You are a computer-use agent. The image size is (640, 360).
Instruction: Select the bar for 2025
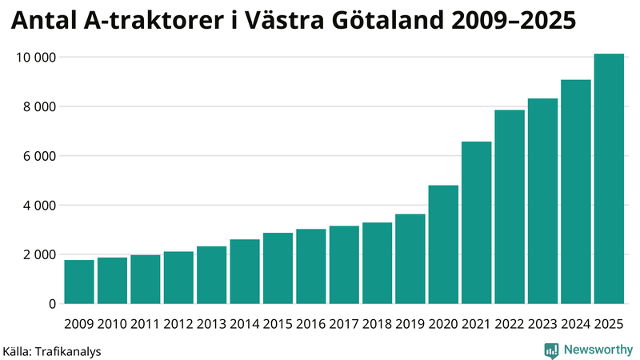click(x=609, y=179)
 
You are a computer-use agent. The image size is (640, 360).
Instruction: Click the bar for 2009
click(x=79, y=282)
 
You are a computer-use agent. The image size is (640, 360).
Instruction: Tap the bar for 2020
click(x=443, y=245)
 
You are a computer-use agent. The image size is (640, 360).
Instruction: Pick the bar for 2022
click(x=510, y=207)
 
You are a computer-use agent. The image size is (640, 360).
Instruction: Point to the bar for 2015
click(x=278, y=269)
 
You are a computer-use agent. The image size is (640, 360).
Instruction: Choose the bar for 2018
click(x=377, y=263)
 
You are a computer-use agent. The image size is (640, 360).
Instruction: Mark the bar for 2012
click(x=178, y=278)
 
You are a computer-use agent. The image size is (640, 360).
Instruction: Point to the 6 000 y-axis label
click(x=37, y=156)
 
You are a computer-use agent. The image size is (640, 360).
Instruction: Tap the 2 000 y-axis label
click(x=37, y=254)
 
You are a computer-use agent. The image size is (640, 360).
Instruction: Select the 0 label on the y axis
click(x=51, y=304)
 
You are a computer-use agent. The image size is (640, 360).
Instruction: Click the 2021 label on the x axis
click(x=477, y=324)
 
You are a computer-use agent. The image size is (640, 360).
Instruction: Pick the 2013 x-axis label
click(x=212, y=324)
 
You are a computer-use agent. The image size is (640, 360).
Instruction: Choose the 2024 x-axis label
click(x=576, y=324)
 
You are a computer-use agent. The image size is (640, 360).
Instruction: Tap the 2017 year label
click(x=344, y=324)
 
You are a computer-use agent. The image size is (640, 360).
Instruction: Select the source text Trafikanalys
click(x=68, y=351)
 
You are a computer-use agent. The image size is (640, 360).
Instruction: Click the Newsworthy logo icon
click(x=551, y=350)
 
